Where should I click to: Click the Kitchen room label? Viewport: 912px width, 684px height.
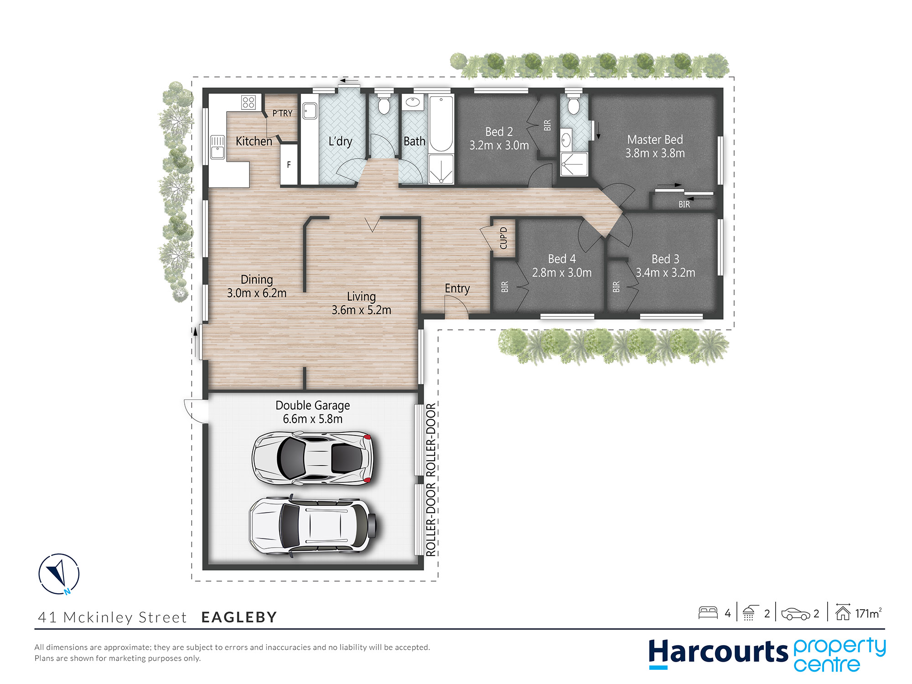click(254, 141)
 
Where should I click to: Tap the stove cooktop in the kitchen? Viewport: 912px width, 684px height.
click(249, 102)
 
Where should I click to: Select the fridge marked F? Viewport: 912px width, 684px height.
click(289, 165)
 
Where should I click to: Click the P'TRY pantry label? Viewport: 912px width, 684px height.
click(282, 113)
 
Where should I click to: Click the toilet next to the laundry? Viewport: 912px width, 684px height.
click(384, 105)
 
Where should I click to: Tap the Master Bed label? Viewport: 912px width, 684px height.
click(655, 140)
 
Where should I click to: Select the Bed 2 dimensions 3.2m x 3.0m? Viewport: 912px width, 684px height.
click(499, 145)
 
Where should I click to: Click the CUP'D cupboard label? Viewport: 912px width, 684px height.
click(503, 238)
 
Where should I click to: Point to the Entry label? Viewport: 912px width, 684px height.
click(457, 289)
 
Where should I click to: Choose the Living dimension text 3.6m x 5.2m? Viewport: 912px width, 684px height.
click(361, 310)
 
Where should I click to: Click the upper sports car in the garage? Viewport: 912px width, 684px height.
click(313, 458)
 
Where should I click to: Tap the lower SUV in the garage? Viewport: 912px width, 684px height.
click(313, 525)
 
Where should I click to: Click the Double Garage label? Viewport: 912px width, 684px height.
click(313, 405)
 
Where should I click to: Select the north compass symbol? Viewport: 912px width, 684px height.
click(59, 574)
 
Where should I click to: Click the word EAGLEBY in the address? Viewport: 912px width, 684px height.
click(239, 617)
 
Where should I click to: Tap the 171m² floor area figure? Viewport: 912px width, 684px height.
click(868, 613)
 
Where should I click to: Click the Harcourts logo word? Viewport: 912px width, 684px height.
click(718, 652)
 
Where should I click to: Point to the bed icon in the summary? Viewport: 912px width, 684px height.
click(708, 613)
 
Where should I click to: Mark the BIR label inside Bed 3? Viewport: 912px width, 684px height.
click(617, 287)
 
